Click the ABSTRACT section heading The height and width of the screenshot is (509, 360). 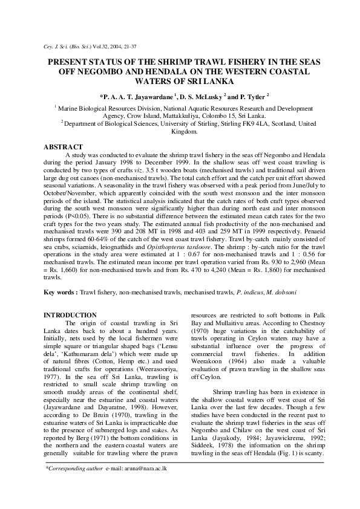[65, 147]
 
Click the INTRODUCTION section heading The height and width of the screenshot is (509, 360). [71, 315]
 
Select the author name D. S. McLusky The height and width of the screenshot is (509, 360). [205, 96]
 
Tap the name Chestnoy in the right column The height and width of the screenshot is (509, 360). [304, 323]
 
